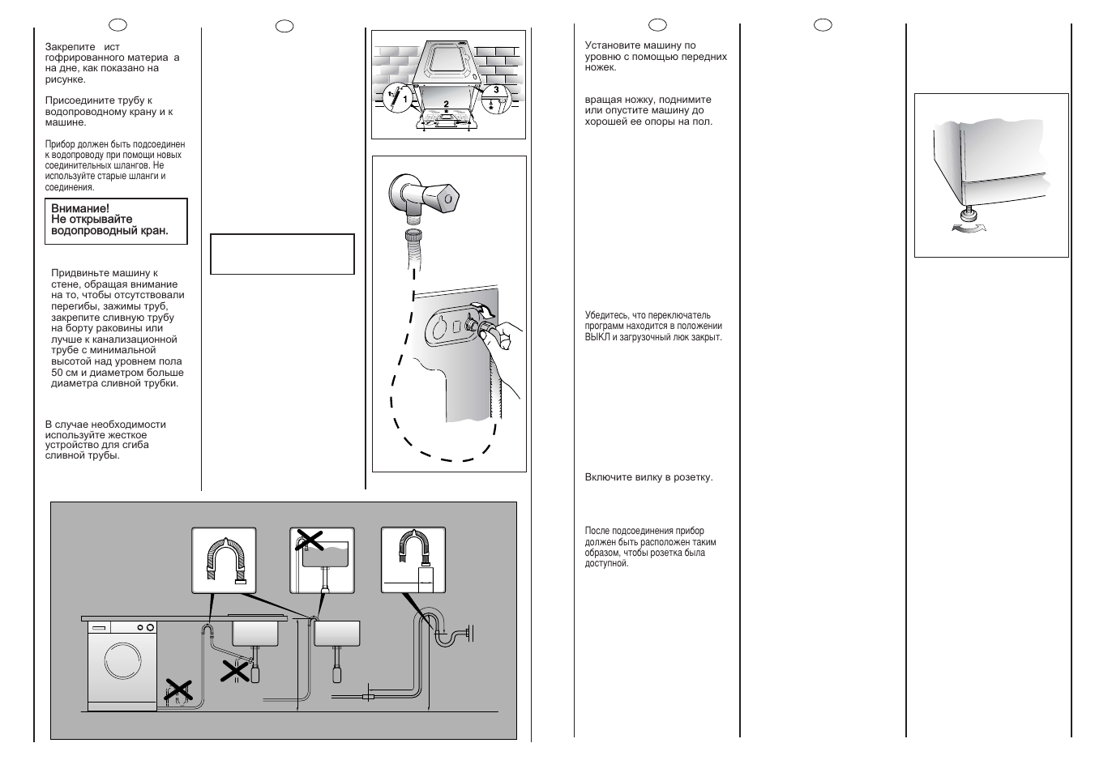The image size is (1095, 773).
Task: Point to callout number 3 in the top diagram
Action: [x=495, y=89]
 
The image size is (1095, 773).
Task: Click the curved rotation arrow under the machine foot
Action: [x=970, y=230]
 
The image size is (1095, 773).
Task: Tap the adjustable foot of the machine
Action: [x=968, y=216]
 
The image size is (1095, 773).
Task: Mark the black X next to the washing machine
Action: [x=178, y=690]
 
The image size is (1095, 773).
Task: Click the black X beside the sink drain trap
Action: [x=237, y=670]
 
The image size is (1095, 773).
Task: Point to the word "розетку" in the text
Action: [x=693, y=478]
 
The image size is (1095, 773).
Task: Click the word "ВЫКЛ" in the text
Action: [x=597, y=337]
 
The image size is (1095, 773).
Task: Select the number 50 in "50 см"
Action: [x=57, y=373]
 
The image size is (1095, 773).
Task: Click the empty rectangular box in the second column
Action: [x=282, y=254]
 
